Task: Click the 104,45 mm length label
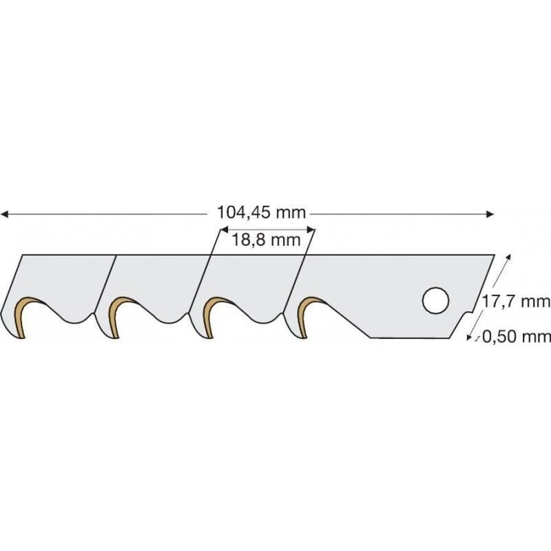[x=261, y=213]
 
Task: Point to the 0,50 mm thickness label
[x=516, y=337]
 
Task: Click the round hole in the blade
[x=435, y=300]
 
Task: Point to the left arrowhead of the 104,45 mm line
[x=4, y=214]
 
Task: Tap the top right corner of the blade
[x=494, y=256]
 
